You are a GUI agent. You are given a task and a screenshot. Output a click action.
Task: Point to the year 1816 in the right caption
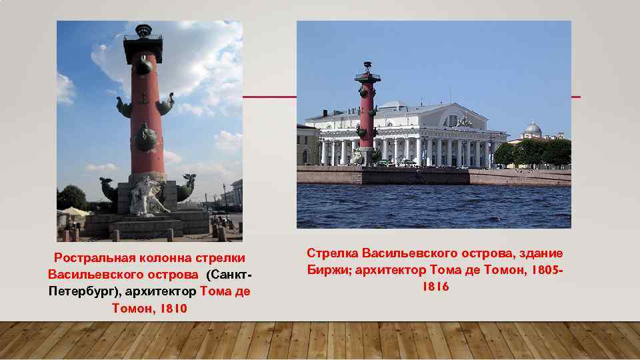point(435,287)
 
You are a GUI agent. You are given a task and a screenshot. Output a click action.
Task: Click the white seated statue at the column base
point(146,195)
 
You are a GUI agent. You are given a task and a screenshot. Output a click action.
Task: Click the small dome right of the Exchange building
point(532,129)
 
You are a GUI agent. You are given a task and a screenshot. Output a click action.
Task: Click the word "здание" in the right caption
point(539,253)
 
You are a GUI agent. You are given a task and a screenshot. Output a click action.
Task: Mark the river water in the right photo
point(433,207)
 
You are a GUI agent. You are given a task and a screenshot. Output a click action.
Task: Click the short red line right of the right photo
point(576,97)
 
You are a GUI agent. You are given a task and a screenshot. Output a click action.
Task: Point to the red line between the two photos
point(269,97)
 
